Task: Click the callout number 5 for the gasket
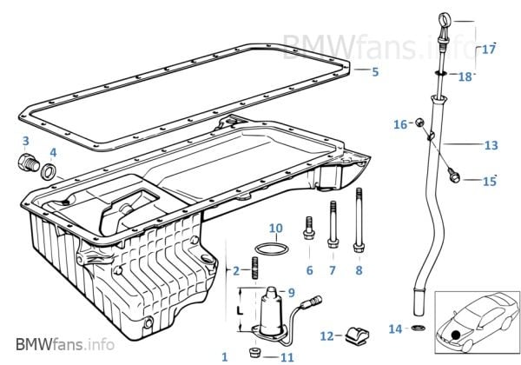click(374, 73)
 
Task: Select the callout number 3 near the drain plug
click(25, 141)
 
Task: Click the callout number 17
click(489, 50)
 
